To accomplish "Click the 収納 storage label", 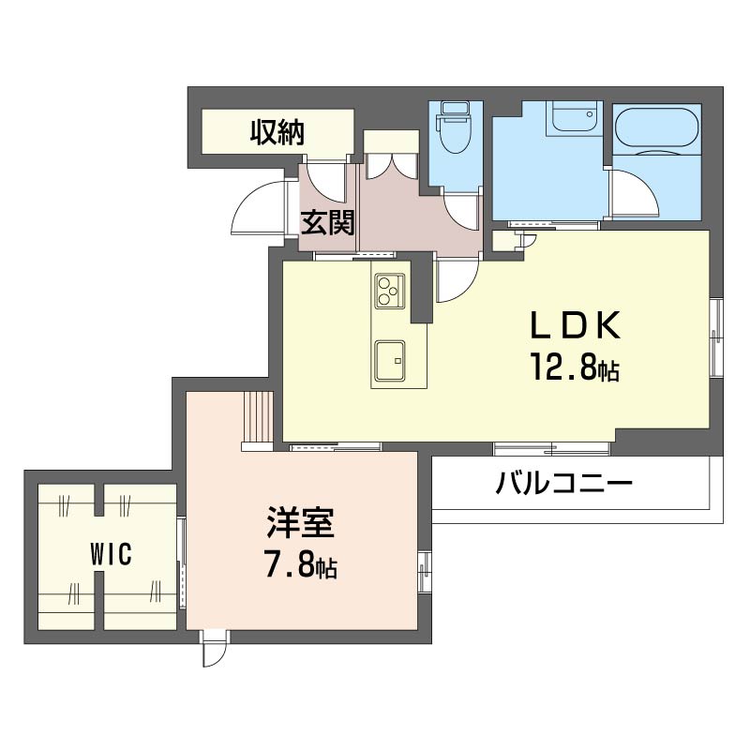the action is click(277, 133).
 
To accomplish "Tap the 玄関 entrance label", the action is click(327, 223).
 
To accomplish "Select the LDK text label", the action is click(575, 325).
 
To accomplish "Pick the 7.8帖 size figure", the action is click(301, 565).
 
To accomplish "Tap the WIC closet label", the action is click(111, 555).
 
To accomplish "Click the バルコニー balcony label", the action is click(564, 483).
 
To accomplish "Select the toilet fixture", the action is click(456, 127).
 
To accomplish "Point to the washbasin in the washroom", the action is click(574, 117).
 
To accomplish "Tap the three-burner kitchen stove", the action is click(389, 291).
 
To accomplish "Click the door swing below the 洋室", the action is click(215, 649).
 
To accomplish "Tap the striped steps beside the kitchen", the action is click(259, 417).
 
